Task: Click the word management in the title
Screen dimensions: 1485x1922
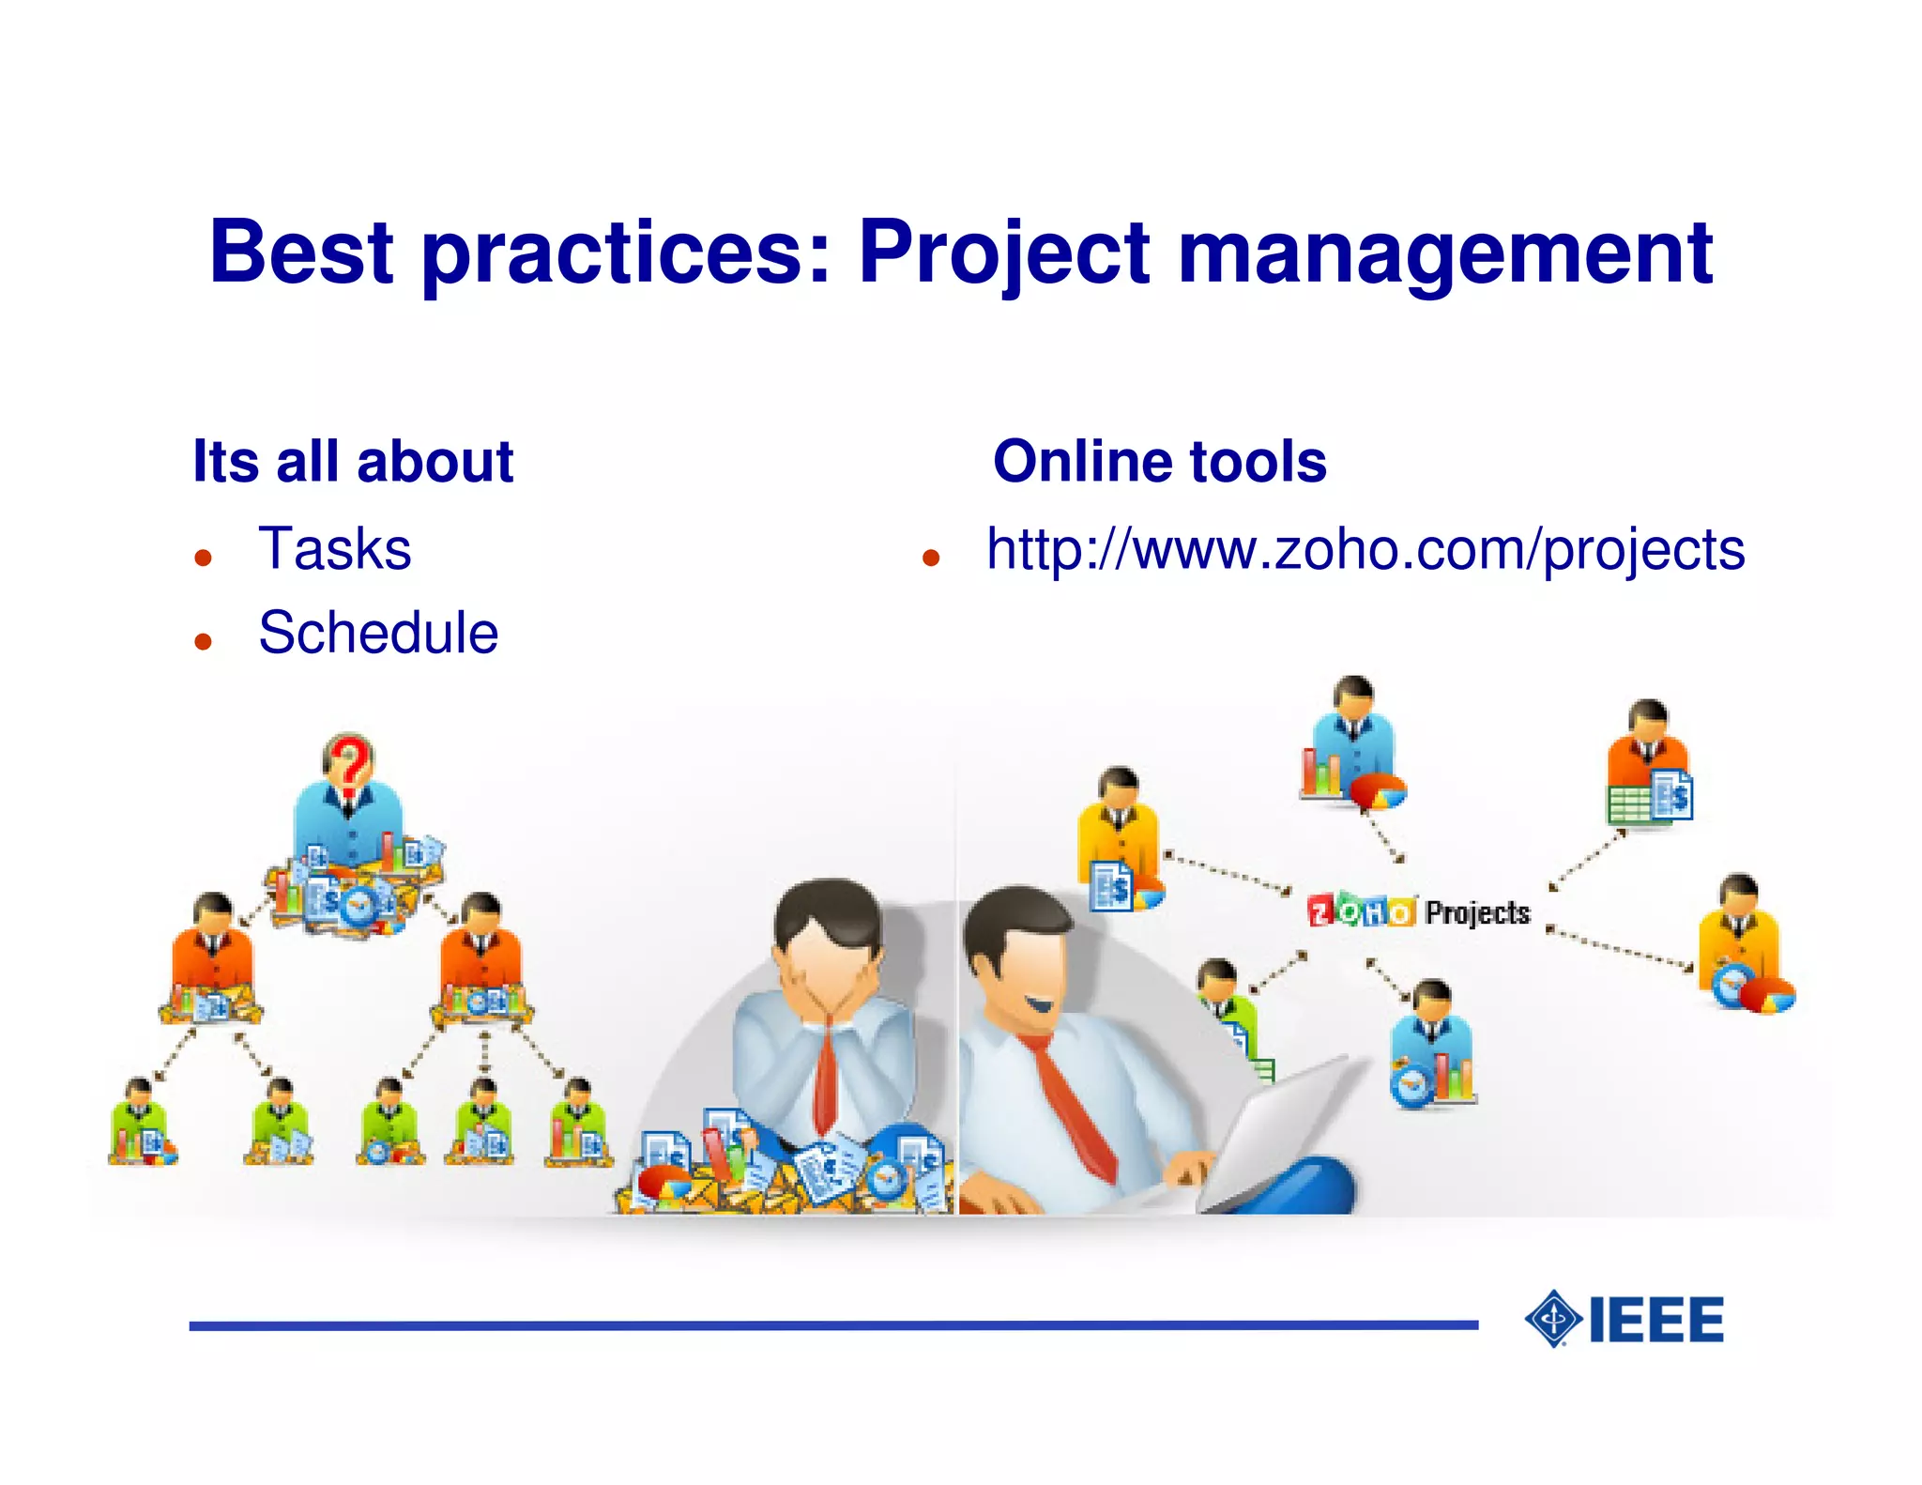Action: (x=1444, y=253)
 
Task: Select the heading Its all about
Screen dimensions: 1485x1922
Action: (x=353, y=461)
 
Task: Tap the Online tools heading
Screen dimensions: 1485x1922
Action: (x=1159, y=461)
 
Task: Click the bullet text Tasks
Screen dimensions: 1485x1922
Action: (x=335, y=549)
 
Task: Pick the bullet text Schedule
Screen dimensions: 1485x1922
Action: (x=378, y=633)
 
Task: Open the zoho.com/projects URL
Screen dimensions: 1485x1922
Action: (x=1365, y=549)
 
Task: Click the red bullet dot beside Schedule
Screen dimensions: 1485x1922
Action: (x=204, y=641)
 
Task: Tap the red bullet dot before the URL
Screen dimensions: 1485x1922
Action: (x=930, y=559)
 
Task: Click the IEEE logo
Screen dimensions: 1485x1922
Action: (x=1625, y=1319)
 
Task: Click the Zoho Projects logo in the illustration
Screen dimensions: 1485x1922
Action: (x=1417, y=911)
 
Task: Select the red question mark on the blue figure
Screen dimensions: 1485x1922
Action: (x=349, y=765)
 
